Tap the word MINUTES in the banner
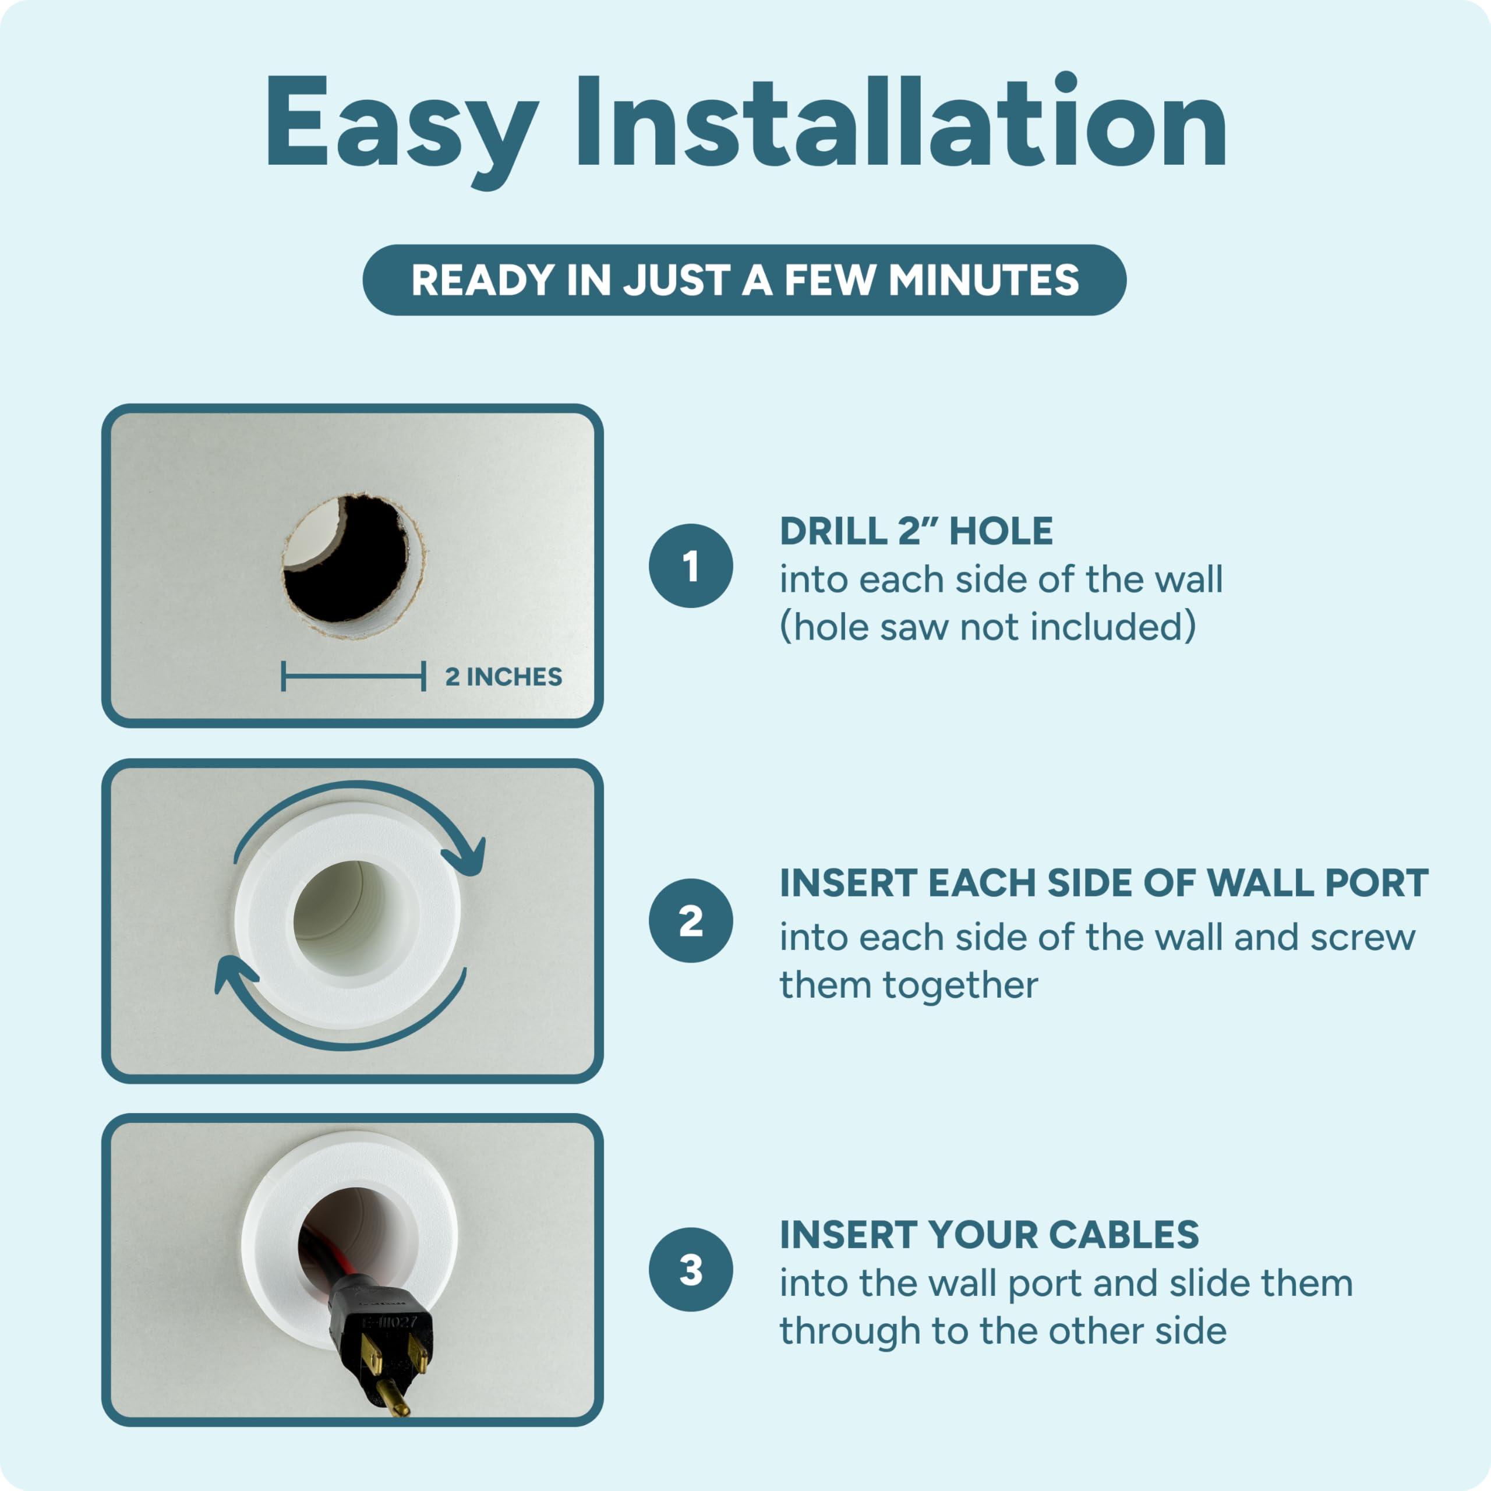pos(984,280)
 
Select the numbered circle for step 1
pos(691,566)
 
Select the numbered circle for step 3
pos(691,1270)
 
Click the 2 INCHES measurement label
pos(503,677)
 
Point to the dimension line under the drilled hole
pos(354,677)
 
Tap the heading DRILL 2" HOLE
pos(916,531)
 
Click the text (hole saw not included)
pos(988,627)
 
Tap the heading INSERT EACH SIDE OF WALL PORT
pos(1104,883)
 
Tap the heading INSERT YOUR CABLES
pos(990,1235)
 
